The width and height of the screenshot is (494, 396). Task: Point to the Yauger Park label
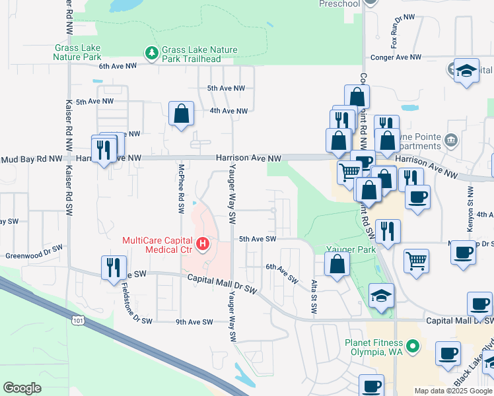[351, 249]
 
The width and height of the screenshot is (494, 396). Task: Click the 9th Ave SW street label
[194, 322]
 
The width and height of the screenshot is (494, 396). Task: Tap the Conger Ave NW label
[396, 57]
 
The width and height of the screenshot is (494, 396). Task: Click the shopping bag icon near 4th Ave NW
[180, 115]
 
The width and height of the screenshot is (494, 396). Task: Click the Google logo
[22, 388]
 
